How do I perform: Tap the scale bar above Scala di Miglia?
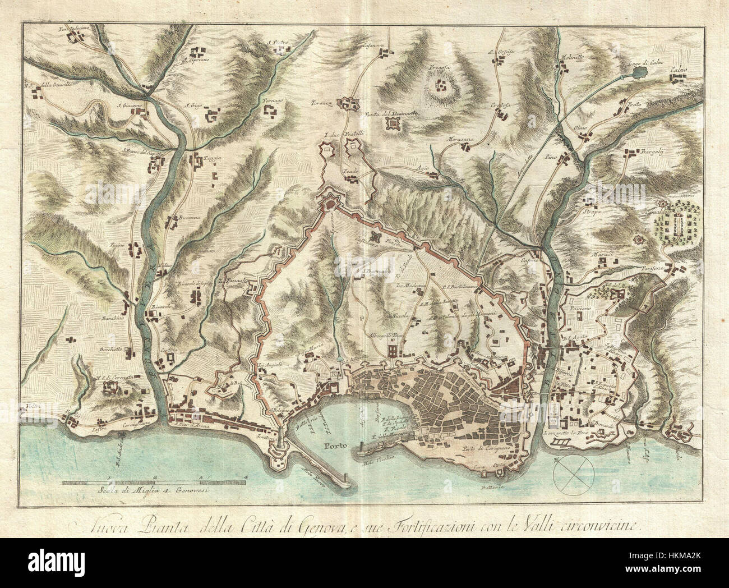154,481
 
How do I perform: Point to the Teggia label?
214,158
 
